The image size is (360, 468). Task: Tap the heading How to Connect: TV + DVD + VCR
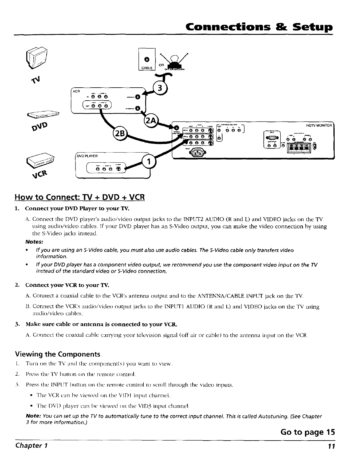point(80,197)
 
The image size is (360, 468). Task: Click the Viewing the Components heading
point(58,354)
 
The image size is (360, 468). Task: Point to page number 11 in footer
point(331,446)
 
